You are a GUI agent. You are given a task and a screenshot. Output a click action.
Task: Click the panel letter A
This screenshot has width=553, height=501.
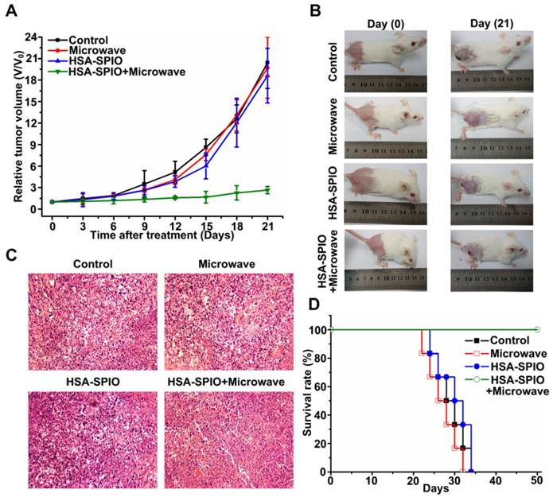tap(11, 10)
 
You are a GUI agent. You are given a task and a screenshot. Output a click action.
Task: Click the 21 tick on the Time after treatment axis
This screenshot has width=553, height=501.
tap(267, 225)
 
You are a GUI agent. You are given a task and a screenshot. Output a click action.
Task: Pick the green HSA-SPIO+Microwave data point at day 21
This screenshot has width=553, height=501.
tap(267, 189)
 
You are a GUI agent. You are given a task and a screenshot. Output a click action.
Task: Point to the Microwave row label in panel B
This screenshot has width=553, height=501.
tap(330, 126)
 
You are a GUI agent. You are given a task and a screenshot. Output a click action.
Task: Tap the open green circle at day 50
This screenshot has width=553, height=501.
tap(536, 329)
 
